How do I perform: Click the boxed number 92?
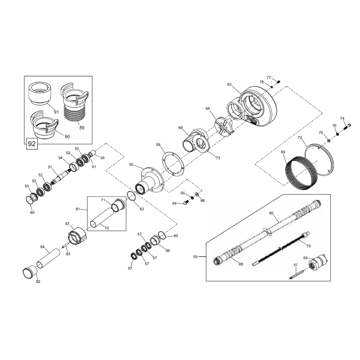32,144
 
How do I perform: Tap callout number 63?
229,85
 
